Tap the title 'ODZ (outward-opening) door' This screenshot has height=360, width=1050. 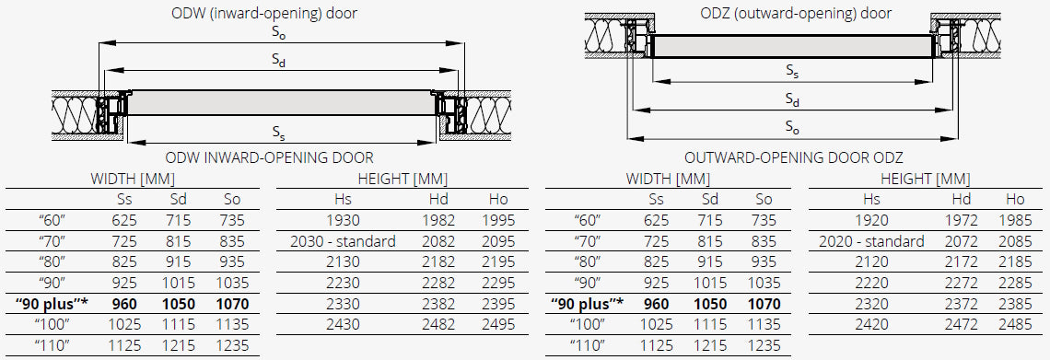point(796,14)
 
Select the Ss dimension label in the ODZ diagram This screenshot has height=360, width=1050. point(792,72)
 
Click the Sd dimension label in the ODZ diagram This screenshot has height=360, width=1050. point(792,99)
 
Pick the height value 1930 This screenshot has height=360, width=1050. point(343,220)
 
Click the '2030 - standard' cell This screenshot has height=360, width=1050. point(343,241)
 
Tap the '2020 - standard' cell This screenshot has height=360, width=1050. point(871,241)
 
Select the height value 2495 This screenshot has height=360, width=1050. point(498,324)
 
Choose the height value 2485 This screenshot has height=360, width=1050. point(1015,324)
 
